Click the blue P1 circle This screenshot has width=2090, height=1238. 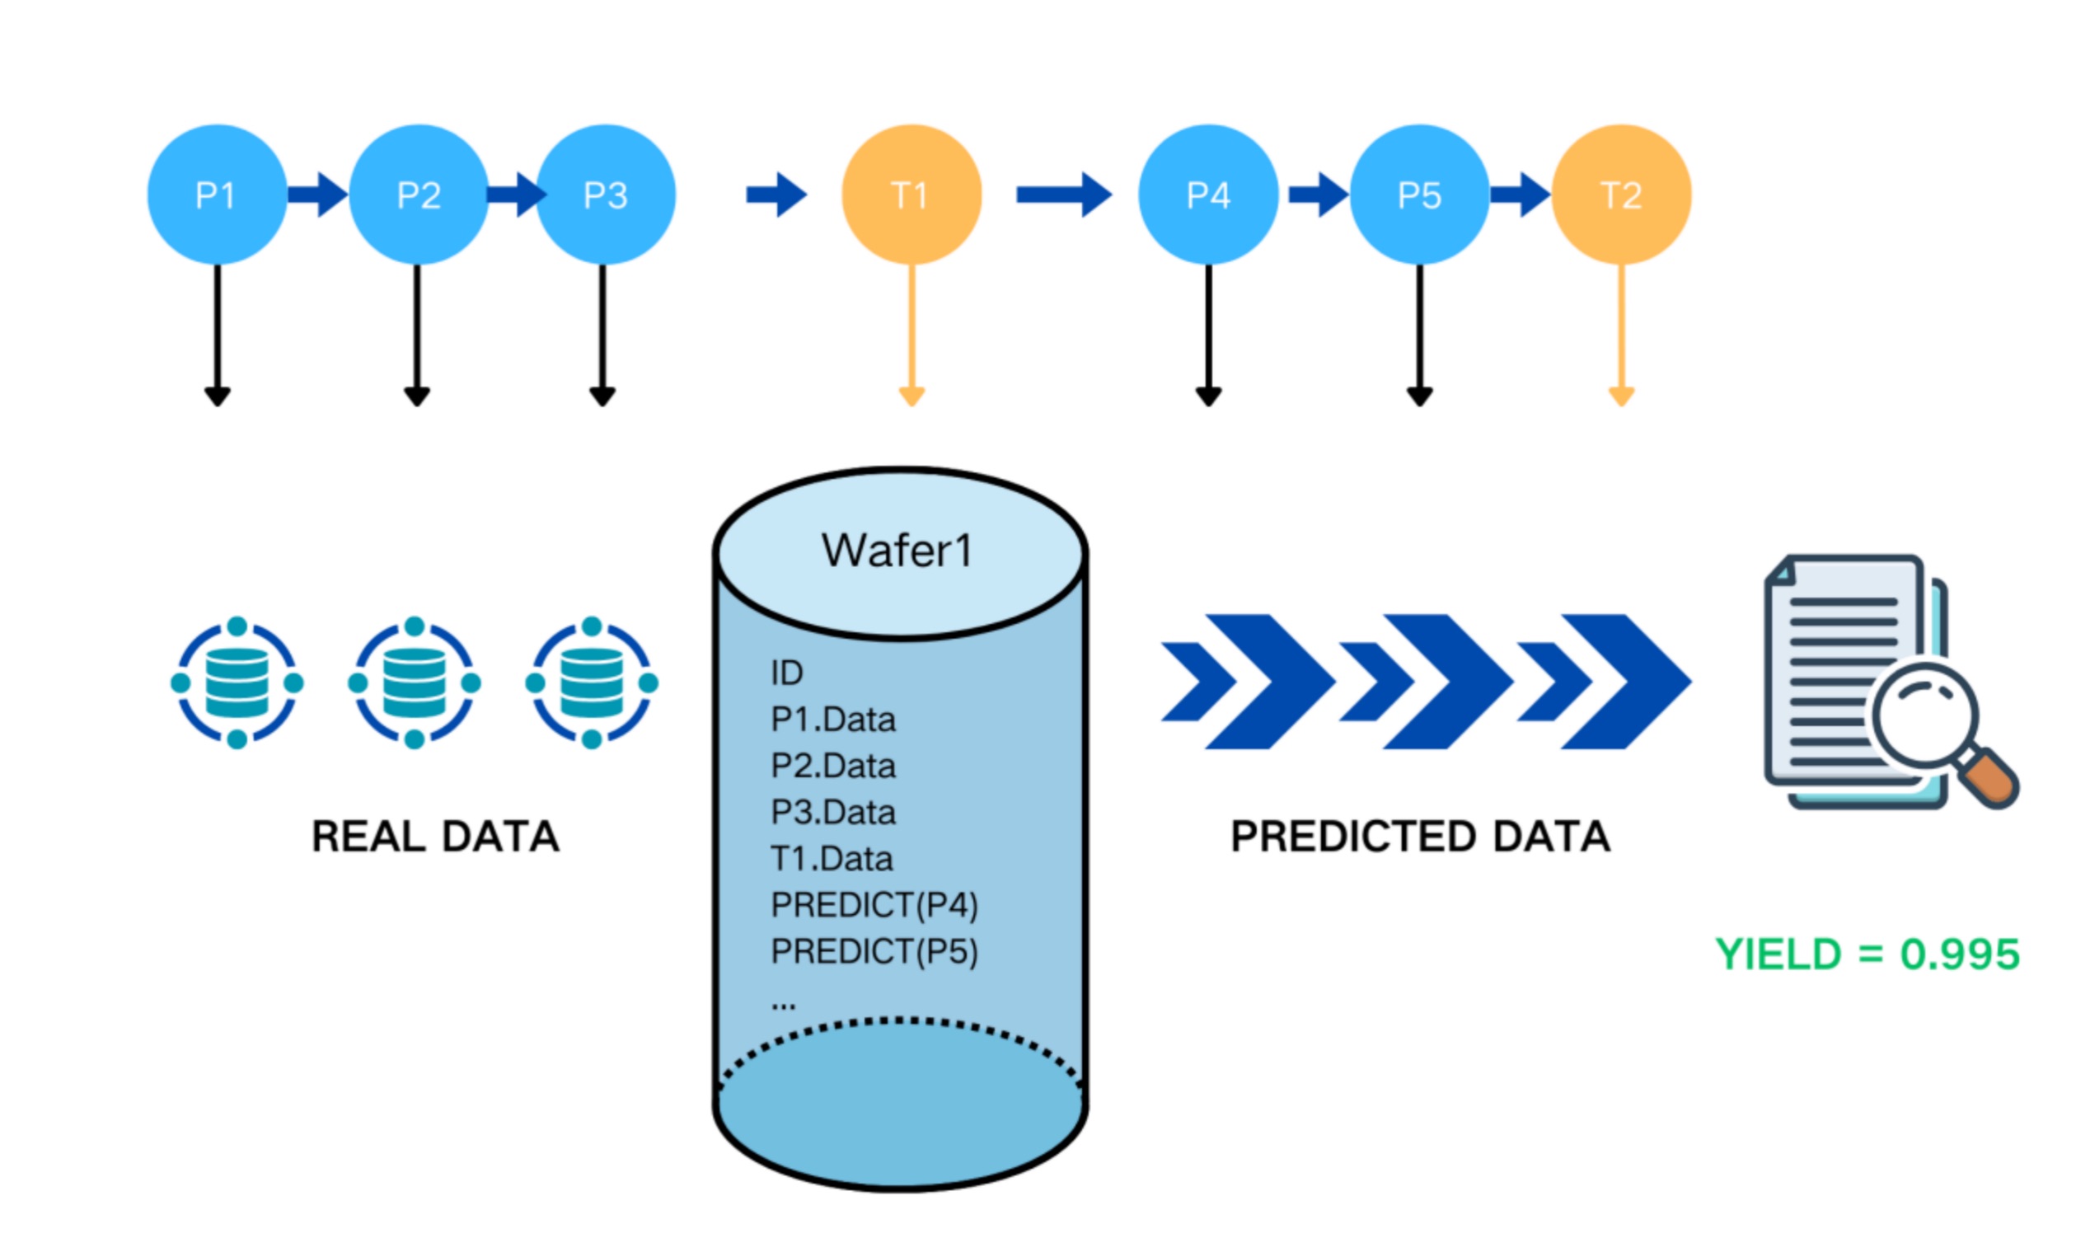[217, 195]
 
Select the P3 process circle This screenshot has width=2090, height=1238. [606, 195]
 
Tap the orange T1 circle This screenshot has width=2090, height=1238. [911, 195]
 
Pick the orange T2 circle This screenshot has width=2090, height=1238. [1620, 195]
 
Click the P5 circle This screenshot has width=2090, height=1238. [1418, 195]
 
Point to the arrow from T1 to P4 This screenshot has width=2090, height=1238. [1062, 195]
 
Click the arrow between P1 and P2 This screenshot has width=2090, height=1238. [317, 195]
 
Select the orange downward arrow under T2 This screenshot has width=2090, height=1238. [1620, 334]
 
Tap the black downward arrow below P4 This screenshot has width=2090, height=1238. [1207, 334]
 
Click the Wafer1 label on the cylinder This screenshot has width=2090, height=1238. [897, 551]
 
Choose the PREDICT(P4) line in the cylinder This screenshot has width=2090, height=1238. [874, 905]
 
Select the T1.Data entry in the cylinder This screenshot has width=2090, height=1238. [832, 858]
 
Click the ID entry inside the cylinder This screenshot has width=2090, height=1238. [786, 673]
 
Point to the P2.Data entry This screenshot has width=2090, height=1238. [833, 766]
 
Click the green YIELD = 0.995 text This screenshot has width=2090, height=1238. [1867, 954]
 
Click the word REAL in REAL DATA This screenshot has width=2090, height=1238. [368, 837]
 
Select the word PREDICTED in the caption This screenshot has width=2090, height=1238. [1352, 837]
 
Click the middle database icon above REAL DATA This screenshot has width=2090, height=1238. [414, 682]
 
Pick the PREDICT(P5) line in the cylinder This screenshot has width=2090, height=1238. [874, 952]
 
